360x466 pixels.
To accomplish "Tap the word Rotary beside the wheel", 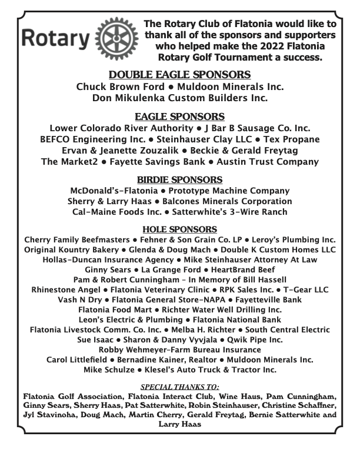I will [x=55, y=39].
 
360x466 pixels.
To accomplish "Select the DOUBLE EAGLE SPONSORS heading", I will [x=180, y=75].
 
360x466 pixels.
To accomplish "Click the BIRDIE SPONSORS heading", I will [x=180, y=179].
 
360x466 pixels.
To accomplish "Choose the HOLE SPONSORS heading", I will [x=180, y=229].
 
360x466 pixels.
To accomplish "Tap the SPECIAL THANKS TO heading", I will [x=180, y=387].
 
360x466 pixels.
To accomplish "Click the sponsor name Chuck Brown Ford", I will [x=116, y=86].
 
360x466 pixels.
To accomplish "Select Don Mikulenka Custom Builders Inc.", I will [x=180, y=98].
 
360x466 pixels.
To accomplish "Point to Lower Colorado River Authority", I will [x=122, y=128].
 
